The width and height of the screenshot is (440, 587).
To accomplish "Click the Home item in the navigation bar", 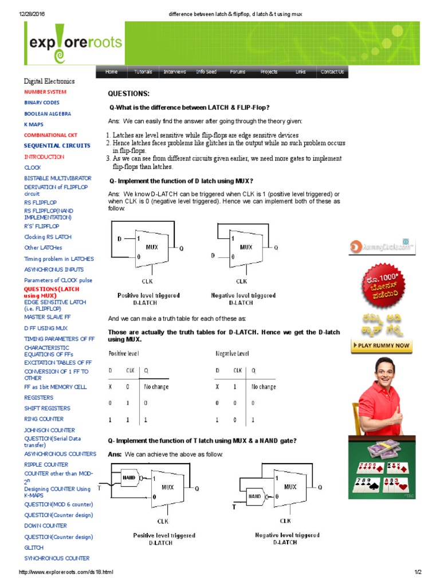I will [x=111, y=72].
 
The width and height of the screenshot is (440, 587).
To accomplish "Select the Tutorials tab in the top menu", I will [x=143, y=72].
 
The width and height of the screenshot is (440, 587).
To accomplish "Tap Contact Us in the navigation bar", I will [x=332, y=72].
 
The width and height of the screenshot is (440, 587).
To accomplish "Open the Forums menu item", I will [x=238, y=72].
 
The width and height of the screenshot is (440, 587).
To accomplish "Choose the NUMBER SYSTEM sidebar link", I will [x=45, y=92].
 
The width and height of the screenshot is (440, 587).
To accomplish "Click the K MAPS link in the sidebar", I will [x=33, y=124].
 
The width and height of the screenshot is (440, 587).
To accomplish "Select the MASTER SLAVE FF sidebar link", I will [x=47, y=316].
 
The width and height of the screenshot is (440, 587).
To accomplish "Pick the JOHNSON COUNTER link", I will [x=49, y=430].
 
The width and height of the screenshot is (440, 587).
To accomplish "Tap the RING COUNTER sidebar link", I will [x=44, y=419].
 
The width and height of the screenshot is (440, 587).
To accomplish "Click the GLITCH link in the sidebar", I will [x=34, y=547].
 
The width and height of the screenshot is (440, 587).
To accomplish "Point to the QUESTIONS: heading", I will [x=128, y=93].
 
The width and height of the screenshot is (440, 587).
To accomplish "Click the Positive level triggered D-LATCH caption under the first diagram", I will [x=148, y=299].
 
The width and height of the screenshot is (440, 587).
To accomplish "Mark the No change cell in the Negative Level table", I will [x=264, y=387].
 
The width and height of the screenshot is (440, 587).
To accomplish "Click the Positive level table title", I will [x=124, y=354].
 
